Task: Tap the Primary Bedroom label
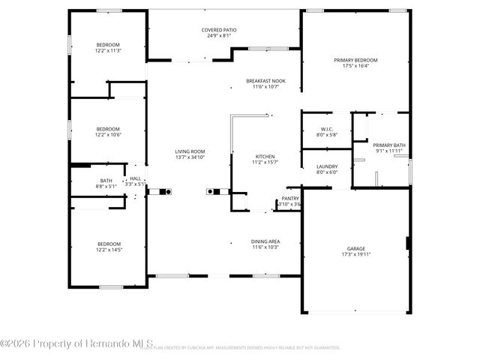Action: (x=355, y=60)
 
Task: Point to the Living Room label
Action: (x=190, y=151)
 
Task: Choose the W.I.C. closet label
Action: (x=326, y=130)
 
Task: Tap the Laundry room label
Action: (x=326, y=166)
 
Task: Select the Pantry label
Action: (x=289, y=199)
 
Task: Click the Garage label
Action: (x=355, y=248)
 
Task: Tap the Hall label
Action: (x=136, y=178)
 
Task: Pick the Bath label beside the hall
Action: (x=106, y=179)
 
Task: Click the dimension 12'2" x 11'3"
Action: (x=107, y=50)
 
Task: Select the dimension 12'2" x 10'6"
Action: (x=107, y=134)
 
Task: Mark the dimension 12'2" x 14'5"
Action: (x=107, y=250)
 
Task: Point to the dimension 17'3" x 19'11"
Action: (x=355, y=254)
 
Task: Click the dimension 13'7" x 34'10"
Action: (x=190, y=157)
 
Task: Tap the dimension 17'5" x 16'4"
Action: (x=355, y=66)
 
